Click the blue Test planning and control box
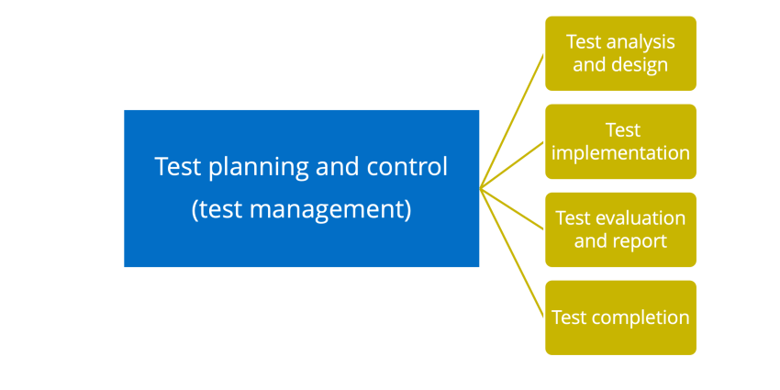pyautogui.click(x=302, y=188)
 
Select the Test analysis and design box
pyautogui.click(x=620, y=53)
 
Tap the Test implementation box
pyautogui.click(x=620, y=141)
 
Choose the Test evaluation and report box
pyautogui.click(x=620, y=229)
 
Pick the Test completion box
pyautogui.click(x=620, y=318)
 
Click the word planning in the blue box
pyautogui.click(x=258, y=168)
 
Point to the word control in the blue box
pyautogui.click(x=407, y=167)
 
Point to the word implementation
pyautogui.click(x=620, y=152)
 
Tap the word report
pyautogui.click(x=642, y=241)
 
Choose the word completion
pyautogui.click(x=641, y=318)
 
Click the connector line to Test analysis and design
pyautogui.click(x=512, y=121)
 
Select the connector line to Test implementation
pyautogui.click(x=512, y=165)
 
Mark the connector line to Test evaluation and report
pyautogui.click(x=512, y=209)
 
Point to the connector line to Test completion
pyautogui.click(x=512, y=252)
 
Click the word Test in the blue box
pyautogui.click(x=179, y=167)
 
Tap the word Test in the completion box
pyautogui.click(x=570, y=318)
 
